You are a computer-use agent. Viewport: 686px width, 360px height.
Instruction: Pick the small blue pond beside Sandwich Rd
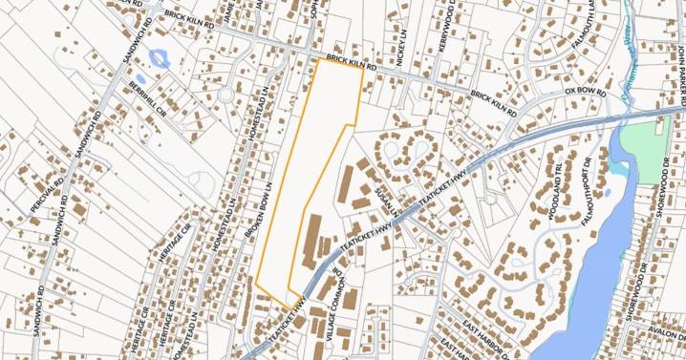pyautogui.click(x=158, y=58)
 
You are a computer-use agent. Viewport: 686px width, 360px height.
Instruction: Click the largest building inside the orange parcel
pyautogui.click(x=312, y=242)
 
